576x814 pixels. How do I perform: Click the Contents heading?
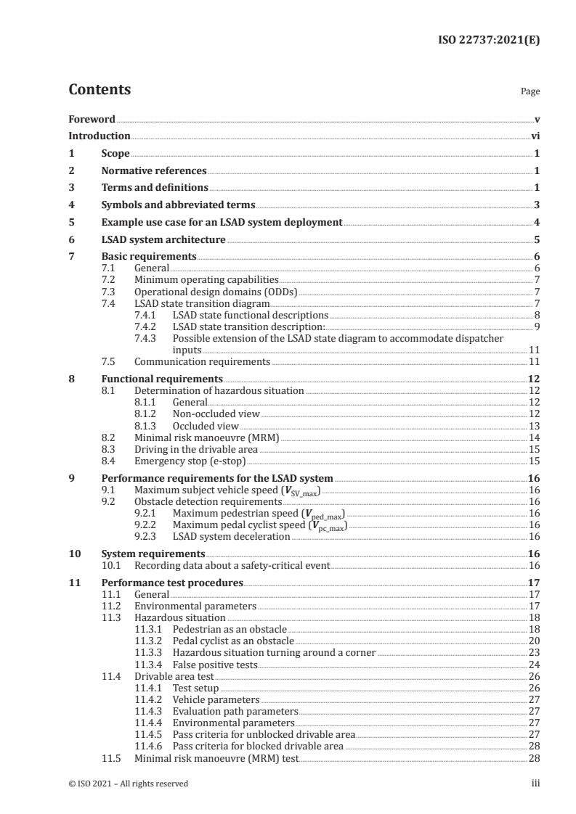[100, 90]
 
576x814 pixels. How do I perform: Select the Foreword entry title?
[92, 118]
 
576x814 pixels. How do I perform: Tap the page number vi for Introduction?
[535, 136]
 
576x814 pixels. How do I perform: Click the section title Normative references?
[154, 171]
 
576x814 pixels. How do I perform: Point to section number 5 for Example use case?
[71, 222]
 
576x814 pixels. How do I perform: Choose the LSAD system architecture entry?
[163, 239]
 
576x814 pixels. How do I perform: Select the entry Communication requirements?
[203, 361]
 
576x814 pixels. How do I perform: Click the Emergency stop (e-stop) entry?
[191, 461]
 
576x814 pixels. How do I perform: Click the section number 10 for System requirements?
[73, 553]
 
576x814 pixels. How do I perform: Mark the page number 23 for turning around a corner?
[534, 652]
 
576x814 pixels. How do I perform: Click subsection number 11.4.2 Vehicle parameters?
[150, 699]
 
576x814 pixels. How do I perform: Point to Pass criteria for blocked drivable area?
[258, 746]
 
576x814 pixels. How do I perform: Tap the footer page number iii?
[535, 784]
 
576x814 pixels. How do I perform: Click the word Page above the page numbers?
[530, 92]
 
